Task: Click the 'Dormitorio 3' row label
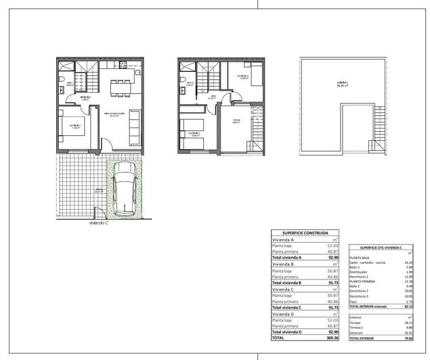360,296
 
